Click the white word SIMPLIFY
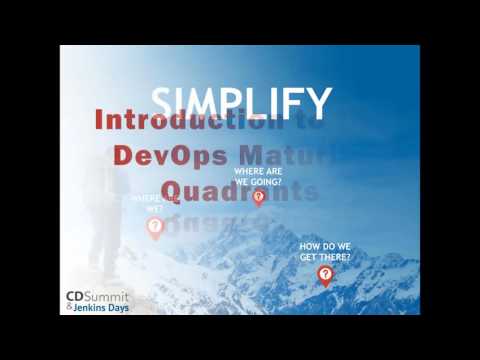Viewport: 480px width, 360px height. pos(240,101)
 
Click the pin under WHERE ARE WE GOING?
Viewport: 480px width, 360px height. pos(259,196)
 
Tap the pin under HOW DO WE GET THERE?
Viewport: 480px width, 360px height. pos(325,274)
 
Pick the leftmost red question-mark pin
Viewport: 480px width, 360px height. pos(155,226)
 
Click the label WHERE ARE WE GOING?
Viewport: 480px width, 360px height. pos(259,177)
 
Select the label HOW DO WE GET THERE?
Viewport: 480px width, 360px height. pos(325,251)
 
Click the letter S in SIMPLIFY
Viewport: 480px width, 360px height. pos(162,101)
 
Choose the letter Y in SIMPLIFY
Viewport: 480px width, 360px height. pos(319,101)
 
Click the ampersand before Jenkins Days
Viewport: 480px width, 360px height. pos(69,308)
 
